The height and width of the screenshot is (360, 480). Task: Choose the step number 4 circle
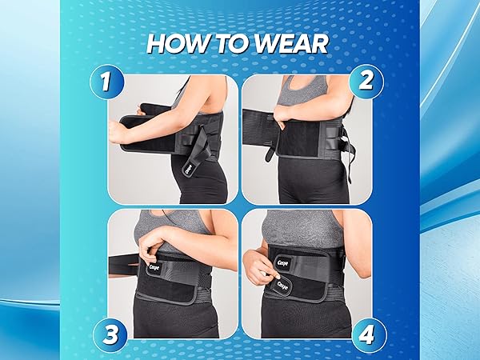[366, 331]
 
